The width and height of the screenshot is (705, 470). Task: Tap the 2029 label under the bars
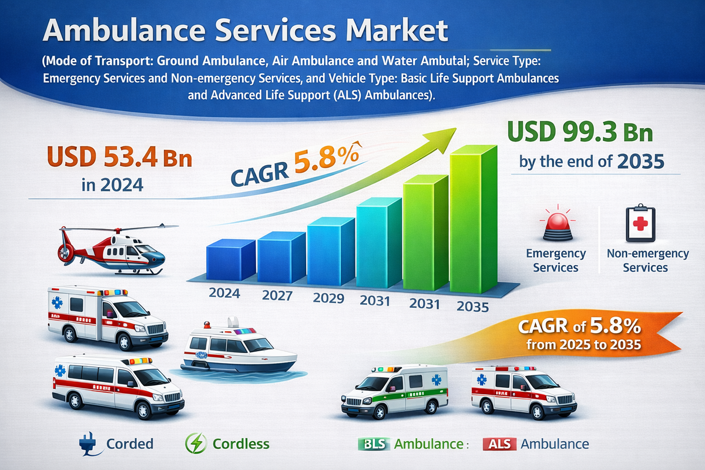tap(328, 298)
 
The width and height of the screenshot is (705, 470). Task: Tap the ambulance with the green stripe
tap(394, 390)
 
